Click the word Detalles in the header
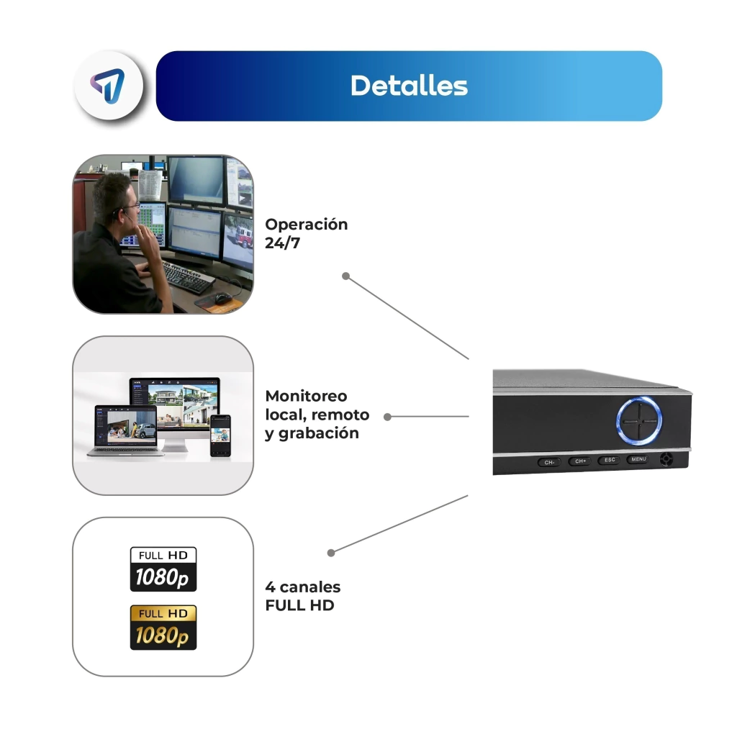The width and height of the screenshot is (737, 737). point(409,86)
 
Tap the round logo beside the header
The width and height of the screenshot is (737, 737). point(109,86)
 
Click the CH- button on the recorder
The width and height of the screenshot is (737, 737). point(549,462)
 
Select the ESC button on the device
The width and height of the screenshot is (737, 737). point(610,460)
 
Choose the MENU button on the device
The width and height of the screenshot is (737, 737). point(638,459)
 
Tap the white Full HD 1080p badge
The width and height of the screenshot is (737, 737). point(163,569)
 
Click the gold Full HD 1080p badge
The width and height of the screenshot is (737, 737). point(163,628)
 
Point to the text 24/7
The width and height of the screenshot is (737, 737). point(282,243)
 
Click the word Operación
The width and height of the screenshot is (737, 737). point(307,225)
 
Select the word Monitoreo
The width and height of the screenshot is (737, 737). point(306,396)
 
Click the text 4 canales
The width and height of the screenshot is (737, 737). point(303,587)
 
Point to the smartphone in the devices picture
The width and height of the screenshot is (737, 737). point(220,435)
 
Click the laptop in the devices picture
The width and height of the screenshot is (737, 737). point(126,431)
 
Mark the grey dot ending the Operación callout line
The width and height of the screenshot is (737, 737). point(345,276)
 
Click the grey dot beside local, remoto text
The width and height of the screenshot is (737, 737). point(387,417)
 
